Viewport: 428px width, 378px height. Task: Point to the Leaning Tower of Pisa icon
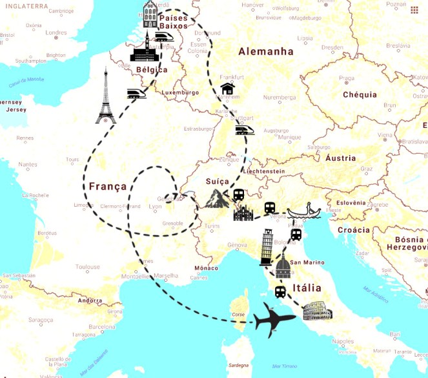pyautogui.click(x=267, y=247)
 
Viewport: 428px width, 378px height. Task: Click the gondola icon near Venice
pyautogui.click(x=307, y=211)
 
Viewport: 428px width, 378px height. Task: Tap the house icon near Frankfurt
pyautogui.click(x=227, y=89)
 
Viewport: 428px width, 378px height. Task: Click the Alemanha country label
pyautogui.click(x=265, y=52)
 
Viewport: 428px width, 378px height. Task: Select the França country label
pyautogui.click(x=108, y=186)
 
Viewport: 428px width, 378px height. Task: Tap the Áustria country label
pyautogui.click(x=341, y=158)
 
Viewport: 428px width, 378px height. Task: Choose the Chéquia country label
pyautogui.click(x=360, y=94)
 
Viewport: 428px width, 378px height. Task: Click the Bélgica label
pyautogui.click(x=152, y=70)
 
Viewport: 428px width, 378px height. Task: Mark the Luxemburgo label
pyautogui.click(x=181, y=92)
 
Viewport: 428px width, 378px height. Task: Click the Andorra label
pyautogui.click(x=90, y=300)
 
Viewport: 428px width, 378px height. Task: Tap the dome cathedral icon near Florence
pyautogui.click(x=282, y=266)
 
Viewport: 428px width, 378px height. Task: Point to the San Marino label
pyautogui.click(x=306, y=262)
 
